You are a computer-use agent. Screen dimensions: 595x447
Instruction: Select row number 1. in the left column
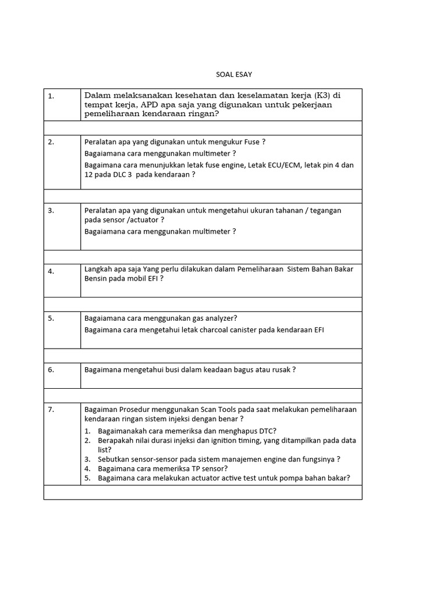pyautogui.click(x=51, y=96)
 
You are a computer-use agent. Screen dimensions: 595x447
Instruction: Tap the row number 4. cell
pyautogui.click(x=51, y=271)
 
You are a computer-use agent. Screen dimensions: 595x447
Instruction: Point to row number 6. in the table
pyautogui.click(x=51, y=370)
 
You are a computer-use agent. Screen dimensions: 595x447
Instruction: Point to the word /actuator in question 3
pyautogui.click(x=142, y=220)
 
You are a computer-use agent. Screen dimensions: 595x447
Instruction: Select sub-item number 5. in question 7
pyautogui.click(x=87, y=478)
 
